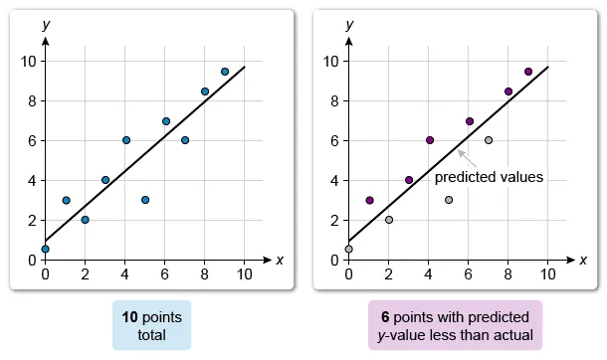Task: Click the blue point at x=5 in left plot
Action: pyautogui.click(x=145, y=200)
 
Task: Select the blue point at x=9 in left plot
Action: pyautogui.click(x=225, y=72)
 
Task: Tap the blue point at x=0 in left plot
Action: pyautogui.click(x=45, y=249)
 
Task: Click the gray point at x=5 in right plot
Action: pyautogui.click(x=449, y=200)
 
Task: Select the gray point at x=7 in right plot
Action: pyautogui.click(x=489, y=140)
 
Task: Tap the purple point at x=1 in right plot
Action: pyautogui.click(x=369, y=200)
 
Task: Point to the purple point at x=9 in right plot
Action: pyautogui.click(x=528, y=72)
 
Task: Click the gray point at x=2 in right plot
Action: pyautogui.click(x=389, y=220)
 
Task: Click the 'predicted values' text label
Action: pyautogui.click(x=489, y=177)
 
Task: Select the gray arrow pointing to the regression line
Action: pyautogui.click(x=465, y=156)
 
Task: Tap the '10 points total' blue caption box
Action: pyautogui.click(x=151, y=324)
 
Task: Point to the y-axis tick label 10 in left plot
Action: pyautogui.click(x=29, y=61)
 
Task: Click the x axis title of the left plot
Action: pyautogui.click(x=279, y=260)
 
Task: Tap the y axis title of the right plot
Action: pyautogui.click(x=349, y=24)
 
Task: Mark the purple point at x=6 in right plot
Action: pyautogui.click(x=469, y=121)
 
